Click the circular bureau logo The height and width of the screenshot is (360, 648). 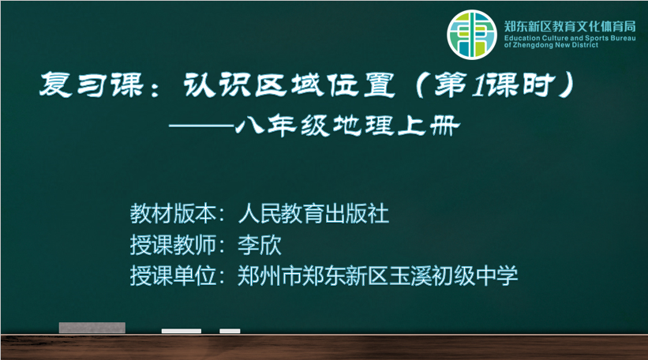(x=471, y=35)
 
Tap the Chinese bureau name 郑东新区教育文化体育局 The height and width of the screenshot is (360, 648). (x=570, y=26)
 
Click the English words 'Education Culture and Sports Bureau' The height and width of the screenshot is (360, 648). (x=570, y=38)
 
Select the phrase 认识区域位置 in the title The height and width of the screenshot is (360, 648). (x=289, y=85)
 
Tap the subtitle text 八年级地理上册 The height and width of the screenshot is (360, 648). (x=347, y=126)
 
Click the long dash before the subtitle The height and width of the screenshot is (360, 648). (x=202, y=126)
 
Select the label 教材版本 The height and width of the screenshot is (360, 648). (x=173, y=214)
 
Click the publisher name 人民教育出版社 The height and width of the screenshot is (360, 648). (x=313, y=214)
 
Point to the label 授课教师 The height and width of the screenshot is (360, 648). (x=173, y=245)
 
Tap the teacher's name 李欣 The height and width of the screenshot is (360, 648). (x=260, y=245)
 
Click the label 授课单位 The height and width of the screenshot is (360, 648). (x=173, y=276)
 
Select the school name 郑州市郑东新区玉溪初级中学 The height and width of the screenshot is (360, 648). (x=378, y=276)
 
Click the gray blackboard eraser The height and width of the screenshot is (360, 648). (x=92, y=328)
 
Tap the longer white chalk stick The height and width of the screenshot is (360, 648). (x=182, y=331)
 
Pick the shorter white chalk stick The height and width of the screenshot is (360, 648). (x=230, y=331)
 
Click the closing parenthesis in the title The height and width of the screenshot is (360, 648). (x=565, y=85)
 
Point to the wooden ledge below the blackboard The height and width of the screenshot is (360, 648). (x=324, y=347)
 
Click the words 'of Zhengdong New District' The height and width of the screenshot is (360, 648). (x=551, y=45)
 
